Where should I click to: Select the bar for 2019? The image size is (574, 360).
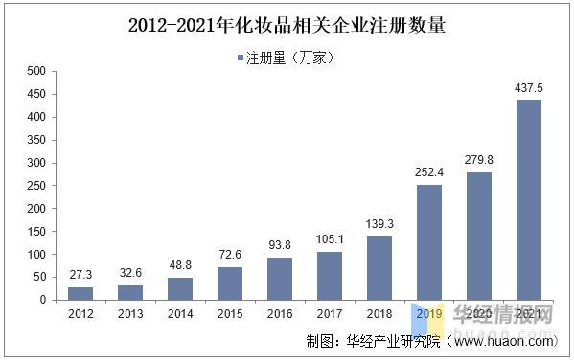429,241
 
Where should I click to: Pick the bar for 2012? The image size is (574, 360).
80,293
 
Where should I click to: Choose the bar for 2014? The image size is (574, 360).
180,288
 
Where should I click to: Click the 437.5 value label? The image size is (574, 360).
529,88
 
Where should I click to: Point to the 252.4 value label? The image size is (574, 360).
429,173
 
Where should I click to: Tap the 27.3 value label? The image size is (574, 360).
80,276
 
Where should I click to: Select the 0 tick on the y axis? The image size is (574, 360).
41,300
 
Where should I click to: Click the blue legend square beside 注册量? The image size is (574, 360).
241,58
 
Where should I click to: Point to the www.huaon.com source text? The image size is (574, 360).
505,340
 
